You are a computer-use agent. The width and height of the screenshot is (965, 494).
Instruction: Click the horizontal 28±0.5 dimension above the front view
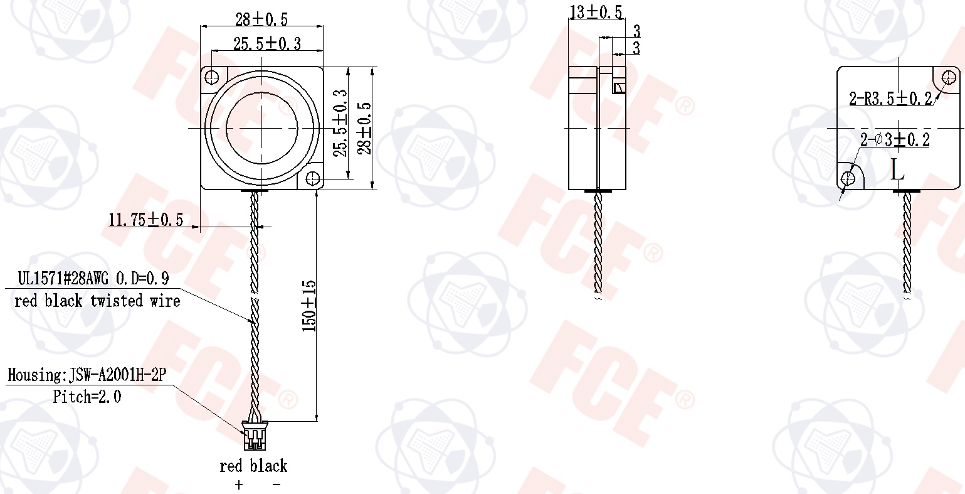261,19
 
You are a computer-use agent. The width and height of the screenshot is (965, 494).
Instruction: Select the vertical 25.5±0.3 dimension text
339,123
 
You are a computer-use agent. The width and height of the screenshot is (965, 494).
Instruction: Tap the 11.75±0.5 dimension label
145,220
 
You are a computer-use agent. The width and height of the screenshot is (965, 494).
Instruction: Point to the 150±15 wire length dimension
309,306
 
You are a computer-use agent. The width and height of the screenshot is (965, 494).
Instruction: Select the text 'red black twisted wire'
97,301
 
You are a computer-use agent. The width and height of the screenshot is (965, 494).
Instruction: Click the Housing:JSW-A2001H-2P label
87,375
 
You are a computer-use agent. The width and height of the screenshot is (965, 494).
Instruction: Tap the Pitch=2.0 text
87,397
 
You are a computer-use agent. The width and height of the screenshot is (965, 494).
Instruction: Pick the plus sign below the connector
238,485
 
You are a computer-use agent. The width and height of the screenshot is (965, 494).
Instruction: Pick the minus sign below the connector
276,485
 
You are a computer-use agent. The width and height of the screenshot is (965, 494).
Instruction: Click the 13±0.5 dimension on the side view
596,12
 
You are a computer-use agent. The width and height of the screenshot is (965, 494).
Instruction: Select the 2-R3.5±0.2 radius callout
890,99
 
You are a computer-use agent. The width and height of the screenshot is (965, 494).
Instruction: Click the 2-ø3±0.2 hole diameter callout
894,140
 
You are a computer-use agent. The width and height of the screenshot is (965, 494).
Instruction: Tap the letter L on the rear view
898,169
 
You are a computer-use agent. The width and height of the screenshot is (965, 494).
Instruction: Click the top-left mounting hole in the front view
213,77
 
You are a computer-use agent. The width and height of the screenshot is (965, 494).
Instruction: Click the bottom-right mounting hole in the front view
312,178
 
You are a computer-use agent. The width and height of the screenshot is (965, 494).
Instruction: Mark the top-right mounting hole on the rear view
949,78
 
